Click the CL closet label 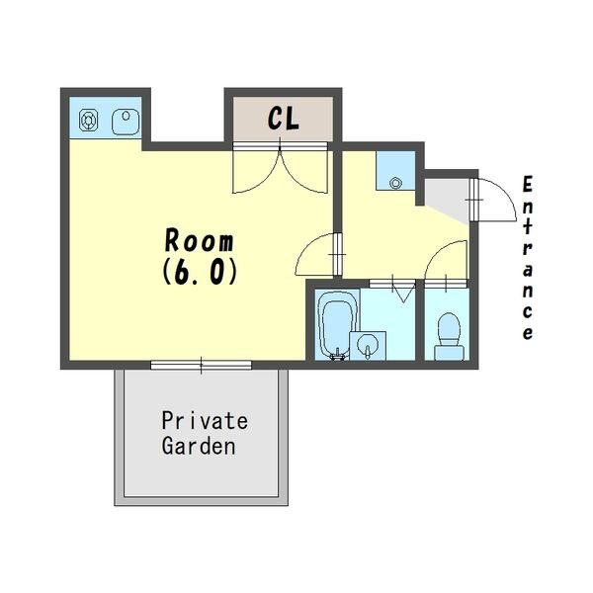click(x=284, y=118)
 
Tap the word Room click(x=200, y=240)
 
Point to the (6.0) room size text click(x=200, y=273)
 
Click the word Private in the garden click(x=205, y=420)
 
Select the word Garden click(x=199, y=446)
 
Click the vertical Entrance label click(x=527, y=258)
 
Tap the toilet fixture click(x=449, y=336)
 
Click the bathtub click(x=338, y=324)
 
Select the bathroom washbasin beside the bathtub click(x=368, y=346)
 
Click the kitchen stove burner click(x=89, y=121)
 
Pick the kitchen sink click(x=126, y=122)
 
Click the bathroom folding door click(x=392, y=289)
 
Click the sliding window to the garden click(x=202, y=365)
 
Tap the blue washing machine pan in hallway click(x=395, y=171)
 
